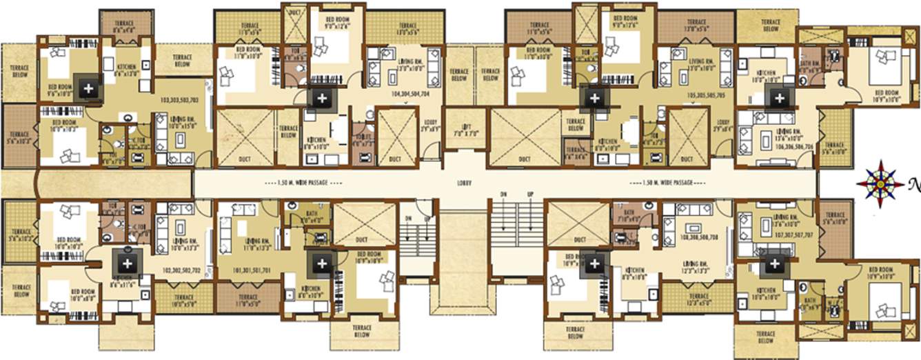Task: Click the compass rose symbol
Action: pos(880,183)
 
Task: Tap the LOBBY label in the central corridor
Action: pos(465,184)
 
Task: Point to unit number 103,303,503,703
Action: pos(168,100)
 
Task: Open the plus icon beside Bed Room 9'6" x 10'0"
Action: pos(88,87)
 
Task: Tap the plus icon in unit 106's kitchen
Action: pos(779,98)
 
